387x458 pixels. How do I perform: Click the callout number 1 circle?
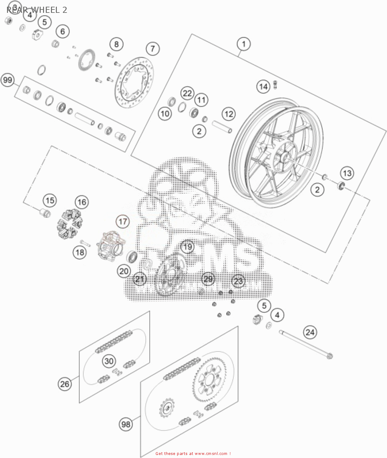243,44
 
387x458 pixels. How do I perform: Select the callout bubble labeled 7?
152,49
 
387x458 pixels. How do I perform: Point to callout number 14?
263,87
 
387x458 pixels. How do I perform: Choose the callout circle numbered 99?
8,80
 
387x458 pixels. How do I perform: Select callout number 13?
347,173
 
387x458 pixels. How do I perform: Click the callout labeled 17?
123,221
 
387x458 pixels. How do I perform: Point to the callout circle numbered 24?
310,332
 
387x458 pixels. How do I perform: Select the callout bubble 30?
109,361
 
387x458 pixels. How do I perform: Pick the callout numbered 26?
65,384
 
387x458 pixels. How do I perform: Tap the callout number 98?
126,424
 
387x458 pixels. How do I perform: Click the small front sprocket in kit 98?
166,408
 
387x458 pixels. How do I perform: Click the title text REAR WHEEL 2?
37,10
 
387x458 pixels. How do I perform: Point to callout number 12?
229,114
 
